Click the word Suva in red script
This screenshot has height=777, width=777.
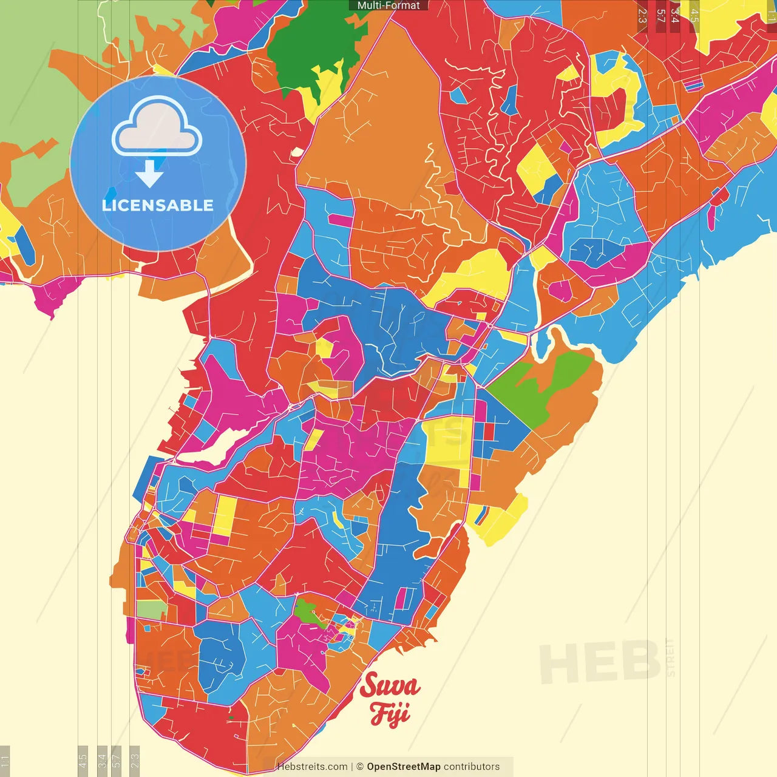click(390, 687)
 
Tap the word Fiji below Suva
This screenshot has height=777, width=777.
click(390, 713)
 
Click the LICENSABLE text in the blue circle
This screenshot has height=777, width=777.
click(158, 205)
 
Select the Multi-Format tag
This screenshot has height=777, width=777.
click(388, 5)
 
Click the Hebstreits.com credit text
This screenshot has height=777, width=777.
click(312, 767)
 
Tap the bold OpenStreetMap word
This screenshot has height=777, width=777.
click(403, 767)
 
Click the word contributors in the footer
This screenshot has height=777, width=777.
click(472, 767)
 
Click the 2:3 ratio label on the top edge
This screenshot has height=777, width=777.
click(642, 16)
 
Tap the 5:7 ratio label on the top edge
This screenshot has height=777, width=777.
click(660, 16)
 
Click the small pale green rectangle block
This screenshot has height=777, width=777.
click(151, 610)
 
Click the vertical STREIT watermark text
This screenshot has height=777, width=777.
click(670, 657)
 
